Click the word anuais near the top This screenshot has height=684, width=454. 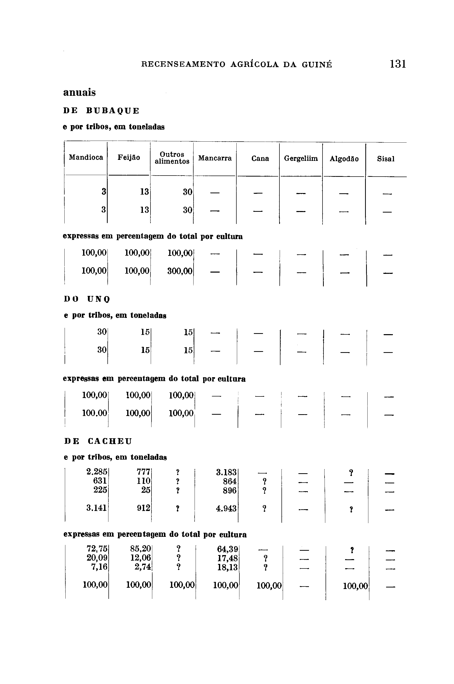tap(79, 93)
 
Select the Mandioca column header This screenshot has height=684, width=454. tap(86, 158)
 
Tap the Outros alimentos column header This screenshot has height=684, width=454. tap(172, 158)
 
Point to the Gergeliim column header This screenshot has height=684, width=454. tap(301, 159)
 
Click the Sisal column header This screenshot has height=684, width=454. tap(386, 159)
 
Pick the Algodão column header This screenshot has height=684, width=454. tap(344, 159)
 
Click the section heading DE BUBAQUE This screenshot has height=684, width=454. tap(101, 111)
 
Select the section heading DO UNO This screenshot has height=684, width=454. tap(87, 299)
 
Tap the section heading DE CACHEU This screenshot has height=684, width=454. tap(98, 441)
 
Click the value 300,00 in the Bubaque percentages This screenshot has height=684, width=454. tap(180, 271)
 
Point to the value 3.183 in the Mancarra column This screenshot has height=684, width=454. tap(226, 472)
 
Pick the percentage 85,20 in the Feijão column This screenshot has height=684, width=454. tap(140, 548)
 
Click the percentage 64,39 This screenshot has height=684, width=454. tap(227, 549)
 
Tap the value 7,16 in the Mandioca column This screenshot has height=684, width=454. tap(99, 566)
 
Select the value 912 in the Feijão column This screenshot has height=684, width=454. tap(144, 508)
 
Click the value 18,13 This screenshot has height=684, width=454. tap(227, 567)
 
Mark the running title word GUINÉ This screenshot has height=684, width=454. tap(317, 64)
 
